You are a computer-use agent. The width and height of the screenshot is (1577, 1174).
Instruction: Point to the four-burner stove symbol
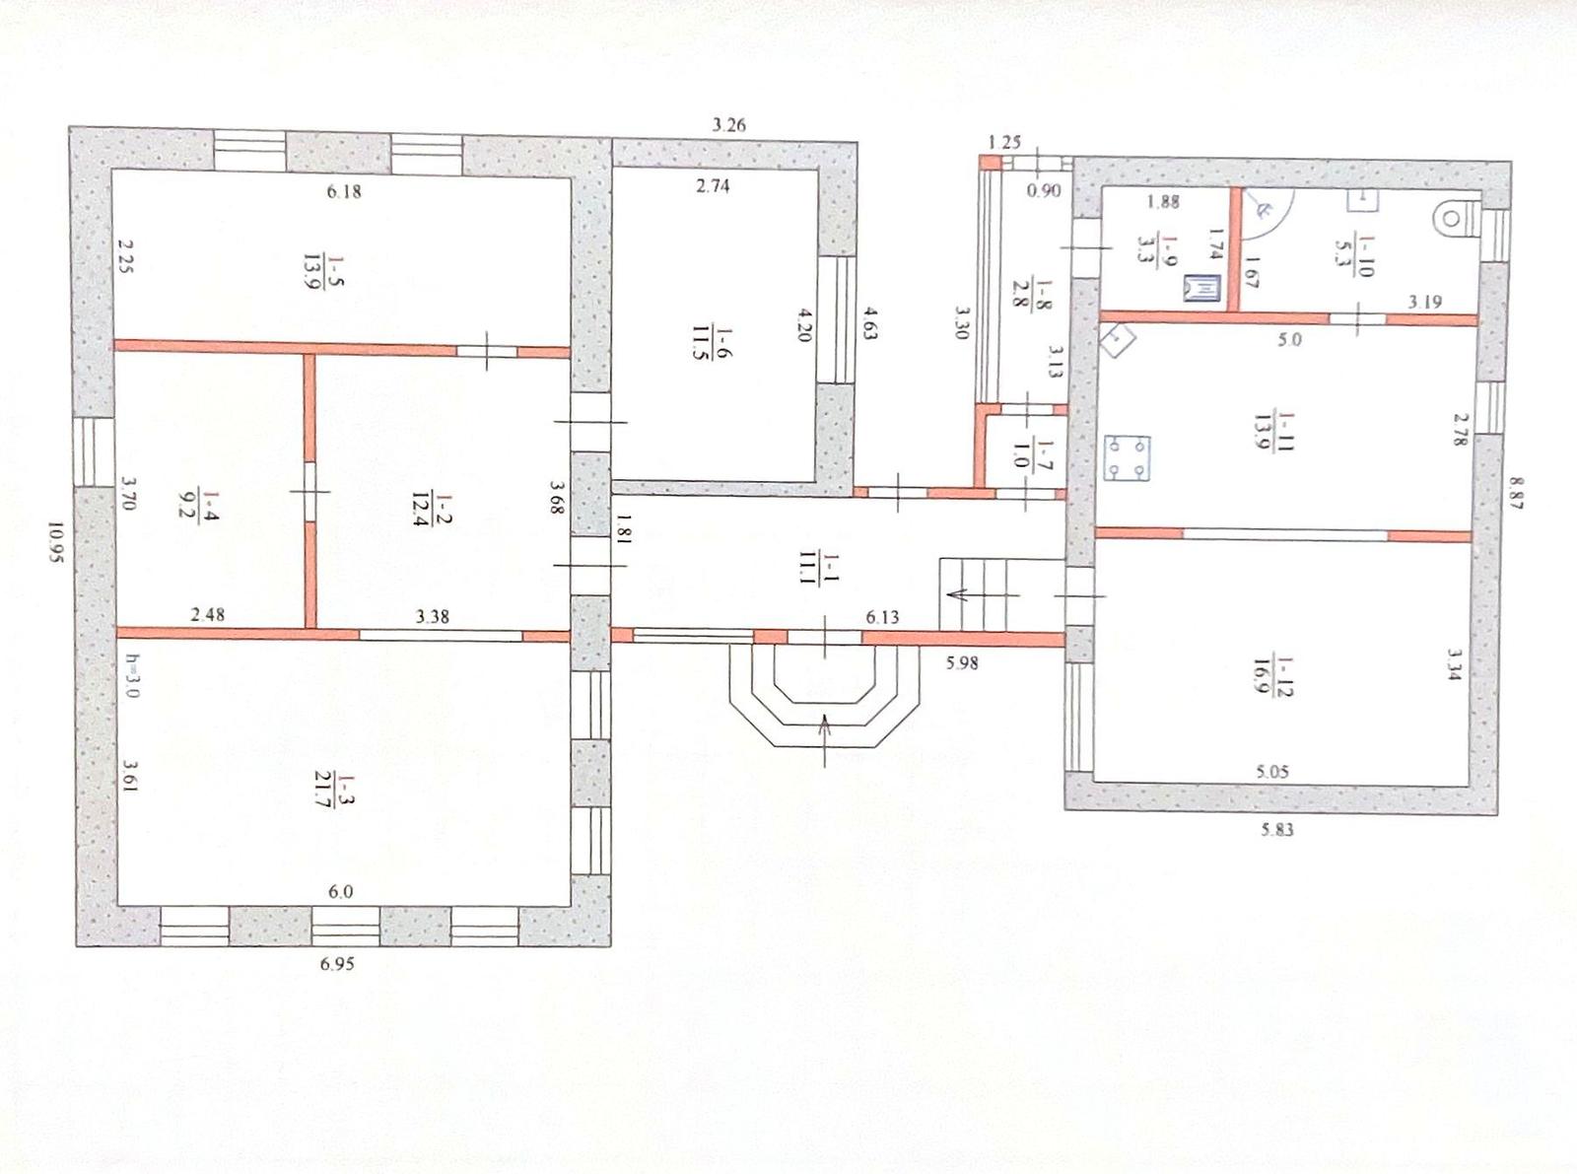click(1127, 458)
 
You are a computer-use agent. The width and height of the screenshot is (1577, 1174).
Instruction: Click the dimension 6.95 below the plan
click(336, 964)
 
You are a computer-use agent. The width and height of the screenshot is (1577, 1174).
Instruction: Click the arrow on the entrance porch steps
click(825, 740)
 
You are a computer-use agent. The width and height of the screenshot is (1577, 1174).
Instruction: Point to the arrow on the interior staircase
click(984, 594)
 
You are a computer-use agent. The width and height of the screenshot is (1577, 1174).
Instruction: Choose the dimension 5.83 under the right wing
click(1277, 829)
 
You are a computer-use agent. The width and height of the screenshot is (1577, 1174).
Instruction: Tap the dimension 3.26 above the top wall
click(728, 125)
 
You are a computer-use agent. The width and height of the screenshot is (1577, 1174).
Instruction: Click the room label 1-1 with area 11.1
click(819, 568)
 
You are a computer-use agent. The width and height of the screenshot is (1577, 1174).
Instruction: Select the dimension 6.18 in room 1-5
click(344, 191)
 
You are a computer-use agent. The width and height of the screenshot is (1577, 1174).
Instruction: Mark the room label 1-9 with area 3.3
click(1155, 248)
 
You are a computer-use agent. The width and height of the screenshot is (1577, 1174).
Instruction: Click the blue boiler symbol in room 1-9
click(1202, 288)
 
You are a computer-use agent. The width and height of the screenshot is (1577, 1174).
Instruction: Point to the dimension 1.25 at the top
click(1004, 142)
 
